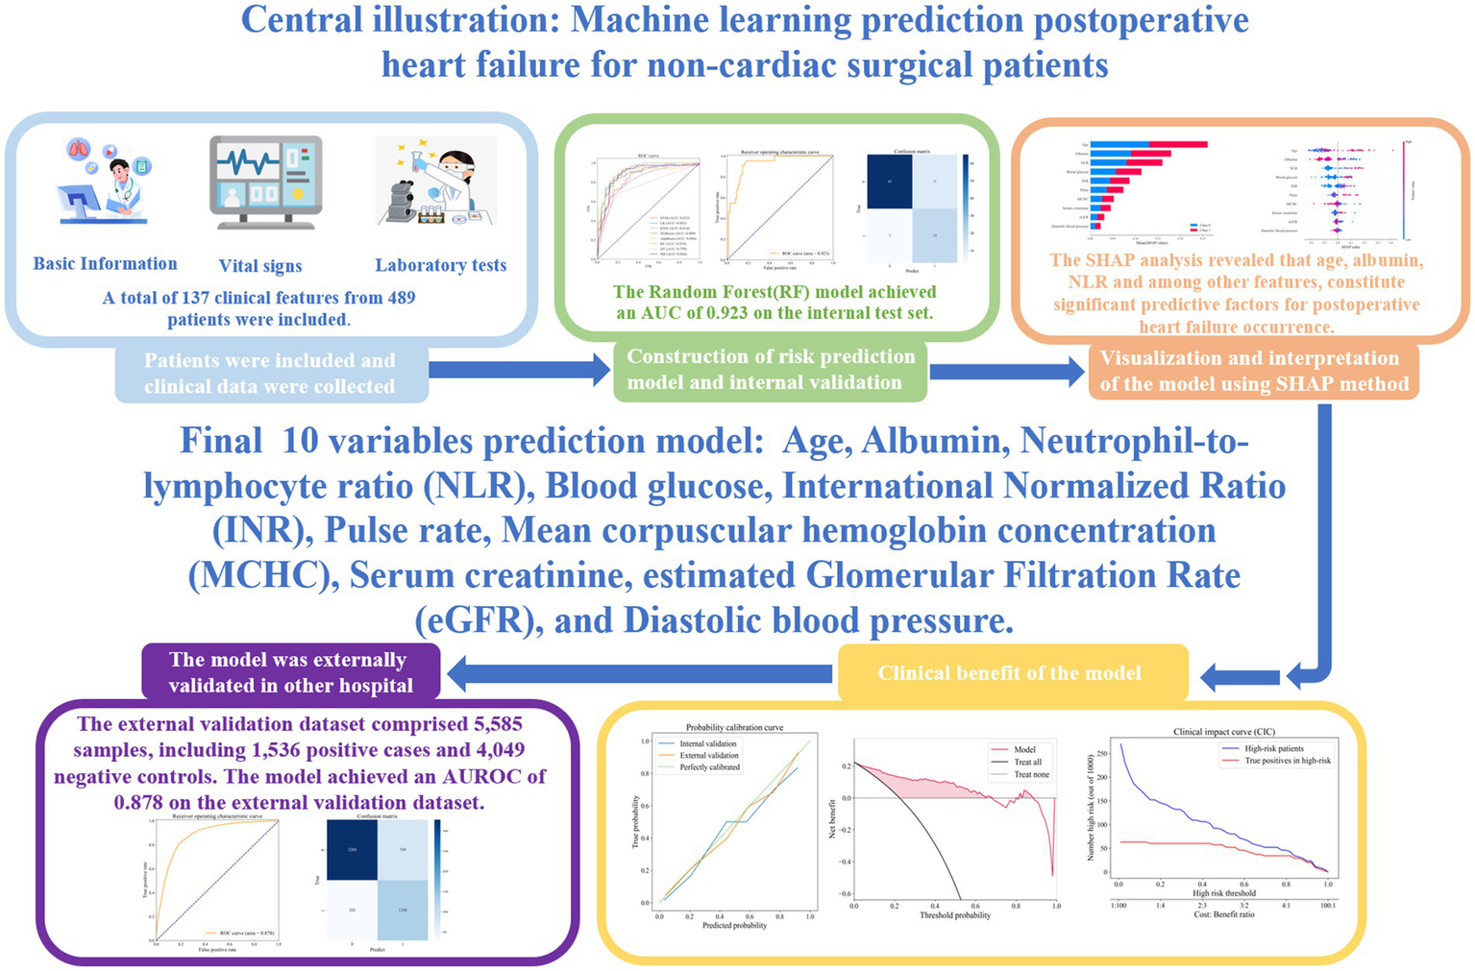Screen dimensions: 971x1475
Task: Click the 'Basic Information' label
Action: coord(105,263)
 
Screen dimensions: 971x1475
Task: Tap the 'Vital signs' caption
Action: coord(260,266)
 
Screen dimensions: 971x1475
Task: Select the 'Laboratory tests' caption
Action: coord(440,265)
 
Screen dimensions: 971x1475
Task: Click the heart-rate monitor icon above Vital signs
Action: coord(265,183)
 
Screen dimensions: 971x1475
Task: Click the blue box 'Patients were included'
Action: coord(270,374)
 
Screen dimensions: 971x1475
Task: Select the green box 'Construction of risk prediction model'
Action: coord(771,370)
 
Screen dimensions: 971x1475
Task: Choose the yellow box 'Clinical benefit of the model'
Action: coord(1010,673)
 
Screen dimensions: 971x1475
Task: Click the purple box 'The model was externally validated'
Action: coord(289,672)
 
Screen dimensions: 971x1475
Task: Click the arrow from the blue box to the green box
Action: coord(520,370)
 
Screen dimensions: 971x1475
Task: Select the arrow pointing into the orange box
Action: coord(1007,371)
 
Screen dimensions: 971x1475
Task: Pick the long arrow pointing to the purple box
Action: coord(640,673)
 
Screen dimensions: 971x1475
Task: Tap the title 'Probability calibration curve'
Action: coord(735,728)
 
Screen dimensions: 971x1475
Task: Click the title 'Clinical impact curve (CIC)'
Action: coord(1225,732)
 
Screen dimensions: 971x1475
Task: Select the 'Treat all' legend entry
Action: coord(1027,762)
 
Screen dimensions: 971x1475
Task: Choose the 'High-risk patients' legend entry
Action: coord(1274,748)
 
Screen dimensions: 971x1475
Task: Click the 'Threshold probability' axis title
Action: coord(954,915)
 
